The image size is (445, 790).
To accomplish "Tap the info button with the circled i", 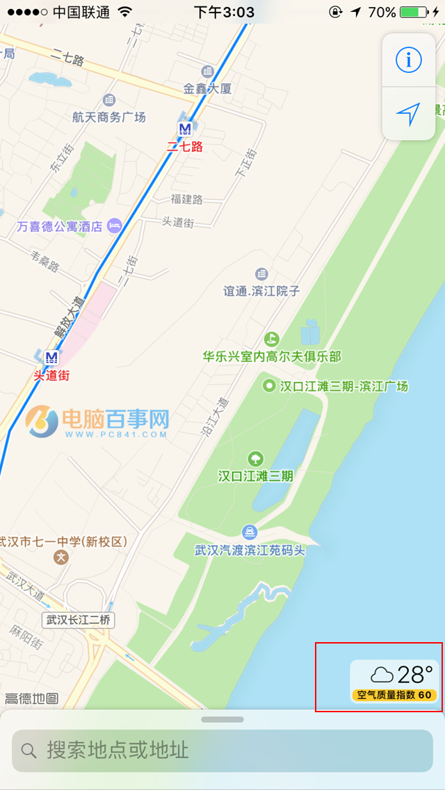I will pos(409,60).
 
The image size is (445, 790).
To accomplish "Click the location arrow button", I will pos(409,114).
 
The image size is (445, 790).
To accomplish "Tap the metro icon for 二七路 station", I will pos(185,128).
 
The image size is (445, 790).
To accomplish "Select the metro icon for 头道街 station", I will pos(51,358).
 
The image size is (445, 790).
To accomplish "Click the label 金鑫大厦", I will pos(207,88).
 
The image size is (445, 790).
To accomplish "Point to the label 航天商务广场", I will pos(109,117).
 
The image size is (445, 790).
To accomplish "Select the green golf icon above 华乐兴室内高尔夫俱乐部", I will pos(271,339).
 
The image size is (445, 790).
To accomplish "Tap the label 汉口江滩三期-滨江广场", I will pos(343,386).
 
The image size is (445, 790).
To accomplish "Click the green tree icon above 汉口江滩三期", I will pos(256,458).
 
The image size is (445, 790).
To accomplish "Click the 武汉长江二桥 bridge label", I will pos(79,620).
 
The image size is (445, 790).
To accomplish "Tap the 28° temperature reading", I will pos(415,674).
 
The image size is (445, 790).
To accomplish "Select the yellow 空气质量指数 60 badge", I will pos(394,695).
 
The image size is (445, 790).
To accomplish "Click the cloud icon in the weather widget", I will pos(382,674).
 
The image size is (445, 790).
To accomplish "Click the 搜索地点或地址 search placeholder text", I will pos(118,750).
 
